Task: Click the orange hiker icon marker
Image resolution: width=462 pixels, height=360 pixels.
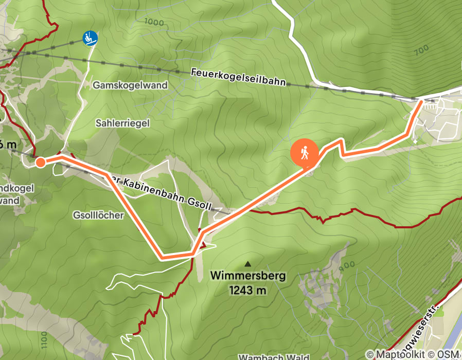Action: [304, 153]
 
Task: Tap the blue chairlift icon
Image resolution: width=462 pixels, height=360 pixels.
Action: [90, 38]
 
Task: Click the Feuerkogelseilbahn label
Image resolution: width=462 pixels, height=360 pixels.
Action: [238, 78]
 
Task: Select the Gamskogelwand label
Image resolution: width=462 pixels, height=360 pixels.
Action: [130, 85]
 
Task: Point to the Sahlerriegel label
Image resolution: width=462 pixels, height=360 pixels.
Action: [122, 123]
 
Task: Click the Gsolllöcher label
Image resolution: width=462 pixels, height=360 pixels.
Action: [98, 215]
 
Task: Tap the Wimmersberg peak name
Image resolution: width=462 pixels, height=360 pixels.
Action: [248, 276]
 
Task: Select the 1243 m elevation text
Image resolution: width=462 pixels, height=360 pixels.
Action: [248, 291]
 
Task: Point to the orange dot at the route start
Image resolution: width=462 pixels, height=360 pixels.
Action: [40, 163]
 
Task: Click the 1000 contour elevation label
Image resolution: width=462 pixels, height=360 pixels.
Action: [154, 22]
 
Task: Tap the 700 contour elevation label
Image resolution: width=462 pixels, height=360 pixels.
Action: [421, 49]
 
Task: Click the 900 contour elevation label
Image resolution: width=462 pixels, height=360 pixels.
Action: [347, 265]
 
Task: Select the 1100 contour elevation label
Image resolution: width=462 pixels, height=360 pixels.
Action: [43, 340]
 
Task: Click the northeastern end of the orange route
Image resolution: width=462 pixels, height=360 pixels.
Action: [421, 102]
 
